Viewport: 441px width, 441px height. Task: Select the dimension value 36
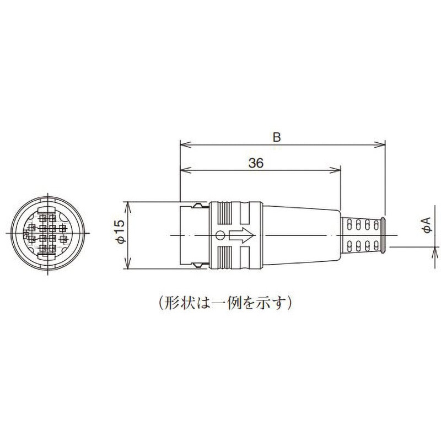255,163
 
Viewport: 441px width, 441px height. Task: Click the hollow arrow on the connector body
241,236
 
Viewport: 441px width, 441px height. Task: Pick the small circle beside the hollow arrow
220,236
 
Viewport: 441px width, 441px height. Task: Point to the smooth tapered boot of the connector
300,235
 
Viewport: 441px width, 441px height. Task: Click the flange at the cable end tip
381,235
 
